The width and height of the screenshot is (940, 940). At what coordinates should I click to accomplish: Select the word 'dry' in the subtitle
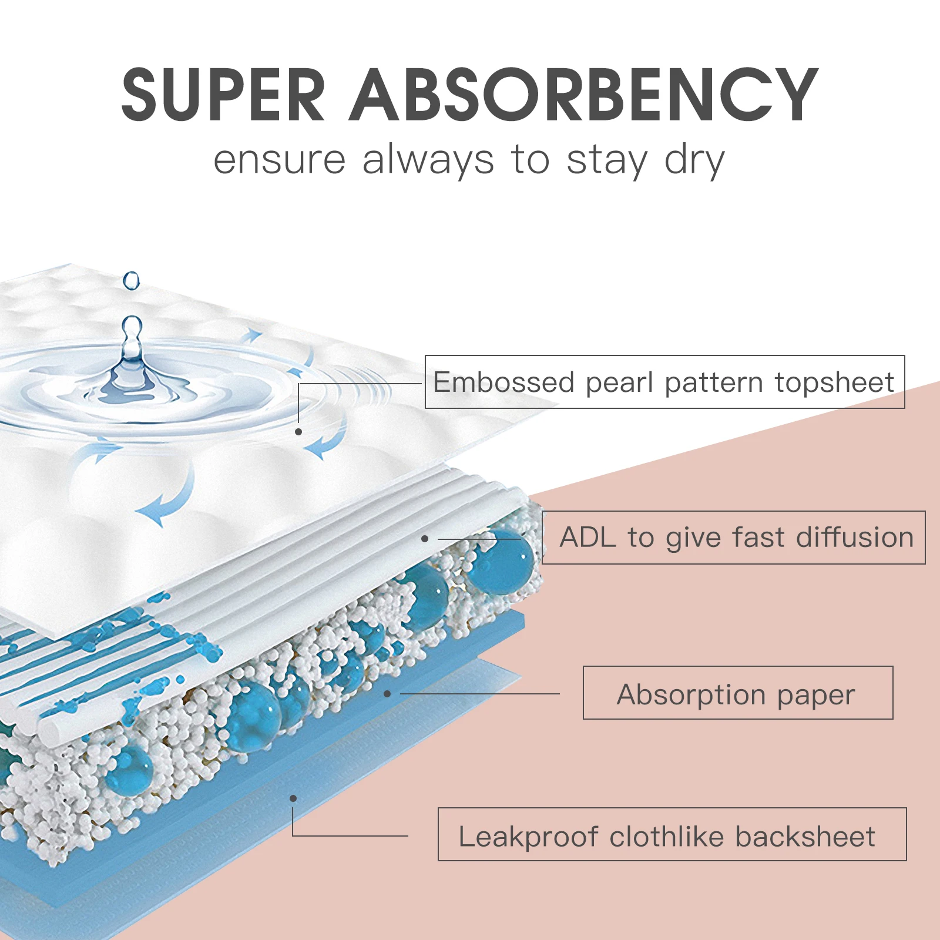694,160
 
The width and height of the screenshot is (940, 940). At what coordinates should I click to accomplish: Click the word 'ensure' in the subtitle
279,160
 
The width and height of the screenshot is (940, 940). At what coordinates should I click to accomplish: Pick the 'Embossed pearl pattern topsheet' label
664,382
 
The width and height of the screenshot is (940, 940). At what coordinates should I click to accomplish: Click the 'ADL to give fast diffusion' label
733,538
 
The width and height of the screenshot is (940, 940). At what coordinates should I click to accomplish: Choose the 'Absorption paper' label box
737,693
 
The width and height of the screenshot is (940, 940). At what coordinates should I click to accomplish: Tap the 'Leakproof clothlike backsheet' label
672,834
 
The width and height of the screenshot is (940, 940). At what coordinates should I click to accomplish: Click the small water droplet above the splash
131,280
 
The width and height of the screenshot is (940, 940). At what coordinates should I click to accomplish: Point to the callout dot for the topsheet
298,432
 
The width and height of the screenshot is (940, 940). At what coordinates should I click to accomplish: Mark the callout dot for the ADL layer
425,539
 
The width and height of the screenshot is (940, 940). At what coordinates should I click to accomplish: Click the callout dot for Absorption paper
387,694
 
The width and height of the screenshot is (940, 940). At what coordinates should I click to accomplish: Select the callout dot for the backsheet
293,798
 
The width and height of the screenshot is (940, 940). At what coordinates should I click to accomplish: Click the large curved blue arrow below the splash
167,499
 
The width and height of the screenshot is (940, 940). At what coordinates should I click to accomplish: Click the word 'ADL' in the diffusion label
587,538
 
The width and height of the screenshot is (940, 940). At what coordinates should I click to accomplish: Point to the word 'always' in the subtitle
428,160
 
